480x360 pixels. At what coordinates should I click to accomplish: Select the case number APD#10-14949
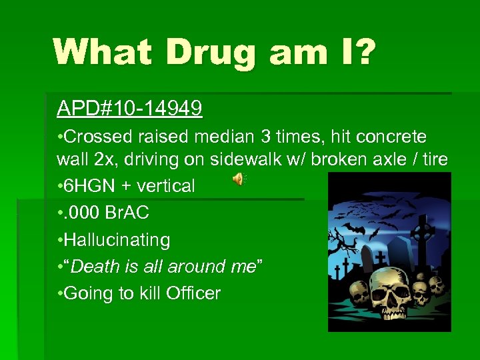coord(130,109)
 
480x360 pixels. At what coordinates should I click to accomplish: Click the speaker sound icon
coord(238,179)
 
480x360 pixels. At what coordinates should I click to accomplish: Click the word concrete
coord(391,137)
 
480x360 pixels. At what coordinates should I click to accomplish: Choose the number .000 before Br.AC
coord(86,213)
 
